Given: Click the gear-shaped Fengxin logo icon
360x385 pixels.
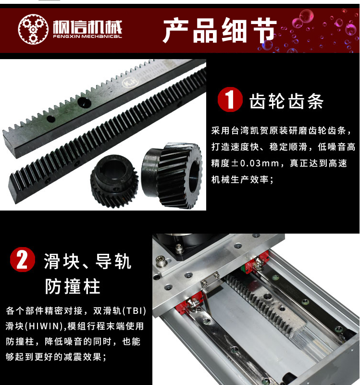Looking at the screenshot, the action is pos(33,29).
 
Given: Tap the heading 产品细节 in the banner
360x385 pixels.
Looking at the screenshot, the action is pos(220,30).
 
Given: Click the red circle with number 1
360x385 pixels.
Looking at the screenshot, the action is pos(230,99).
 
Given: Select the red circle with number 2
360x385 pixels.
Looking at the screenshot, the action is pos(22,260).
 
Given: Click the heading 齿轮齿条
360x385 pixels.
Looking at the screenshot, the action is pos(286,101).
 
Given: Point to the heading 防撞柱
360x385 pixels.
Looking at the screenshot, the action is pos(73,286).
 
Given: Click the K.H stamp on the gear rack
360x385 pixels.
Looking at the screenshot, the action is pos(130,83).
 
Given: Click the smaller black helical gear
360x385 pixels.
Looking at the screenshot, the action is pos(114,180).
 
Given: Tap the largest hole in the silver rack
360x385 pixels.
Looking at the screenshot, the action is pos(84,102).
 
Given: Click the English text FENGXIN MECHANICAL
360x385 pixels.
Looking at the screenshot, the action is pos(87,37).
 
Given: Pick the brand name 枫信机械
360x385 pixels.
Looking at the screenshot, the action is pos(87,27).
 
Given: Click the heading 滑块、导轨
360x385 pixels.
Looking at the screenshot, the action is pos(87,261).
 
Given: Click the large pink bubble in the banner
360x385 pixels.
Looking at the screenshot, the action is pos(306,16).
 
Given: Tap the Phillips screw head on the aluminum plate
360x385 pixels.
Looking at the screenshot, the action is pos(161,261).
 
